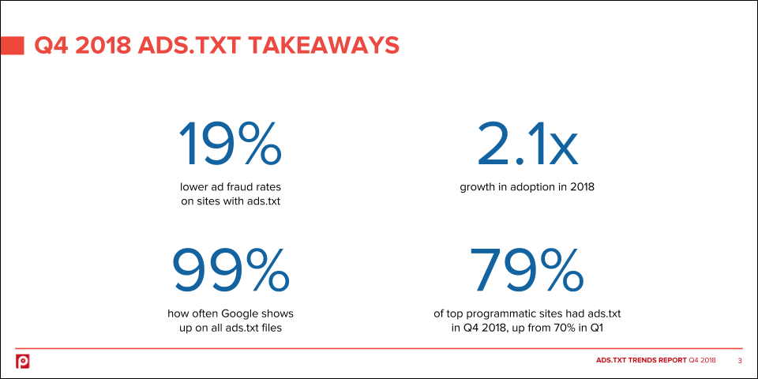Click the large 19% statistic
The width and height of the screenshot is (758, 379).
(x=230, y=143)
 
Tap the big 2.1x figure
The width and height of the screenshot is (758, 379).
(x=527, y=143)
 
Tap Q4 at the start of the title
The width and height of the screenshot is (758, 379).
(x=52, y=46)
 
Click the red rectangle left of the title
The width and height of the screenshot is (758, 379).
(x=12, y=46)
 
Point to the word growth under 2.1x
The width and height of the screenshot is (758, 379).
(x=475, y=187)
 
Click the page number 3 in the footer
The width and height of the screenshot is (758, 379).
(x=740, y=361)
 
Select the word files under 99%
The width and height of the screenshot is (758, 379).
(x=271, y=328)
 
